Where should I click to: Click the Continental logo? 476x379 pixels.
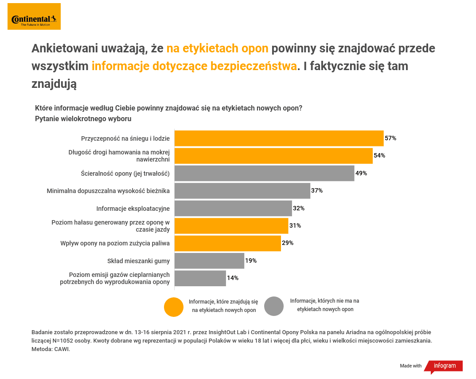coord(34,16)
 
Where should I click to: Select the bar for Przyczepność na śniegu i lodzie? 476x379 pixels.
coord(279,138)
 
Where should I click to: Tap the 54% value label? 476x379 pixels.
coord(379,156)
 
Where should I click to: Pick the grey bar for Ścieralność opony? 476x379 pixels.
coord(264,173)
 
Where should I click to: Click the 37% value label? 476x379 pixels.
coord(317,191)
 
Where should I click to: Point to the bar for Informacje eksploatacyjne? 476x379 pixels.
coord(233,208)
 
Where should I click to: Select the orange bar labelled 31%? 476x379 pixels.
coord(231,226)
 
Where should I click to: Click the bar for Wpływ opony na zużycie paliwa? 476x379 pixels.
coord(228,243)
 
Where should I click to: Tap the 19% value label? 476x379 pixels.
coord(251,261)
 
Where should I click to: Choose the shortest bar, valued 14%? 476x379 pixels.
coord(200,278)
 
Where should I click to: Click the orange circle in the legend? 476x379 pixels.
coord(174,307)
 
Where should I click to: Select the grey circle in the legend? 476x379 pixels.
coord(274,306)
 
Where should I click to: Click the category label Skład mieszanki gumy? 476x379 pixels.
coord(138,261)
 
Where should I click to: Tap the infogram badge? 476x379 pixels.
coord(444,366)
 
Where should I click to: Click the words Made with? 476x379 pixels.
coord(411,366)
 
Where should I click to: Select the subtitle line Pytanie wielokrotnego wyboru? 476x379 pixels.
coord(83,119)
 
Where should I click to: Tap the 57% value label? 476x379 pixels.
coord(390,138)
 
